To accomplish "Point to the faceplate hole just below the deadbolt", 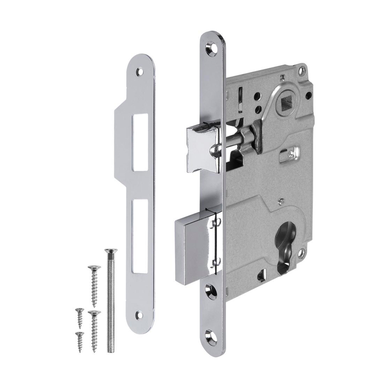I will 212,289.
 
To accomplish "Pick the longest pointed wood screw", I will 94,285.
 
